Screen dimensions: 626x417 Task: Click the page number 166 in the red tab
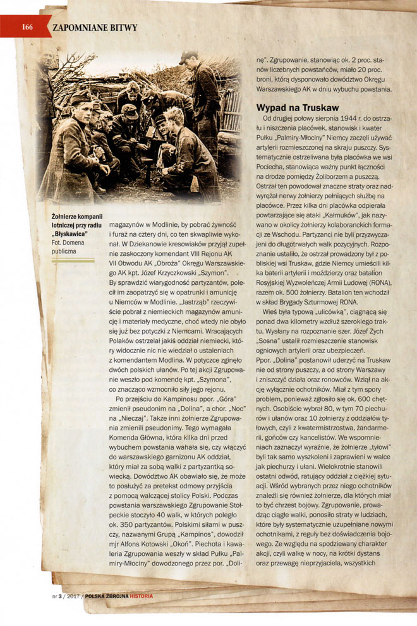point(27,27)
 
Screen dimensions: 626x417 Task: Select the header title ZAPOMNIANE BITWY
point(95,27)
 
